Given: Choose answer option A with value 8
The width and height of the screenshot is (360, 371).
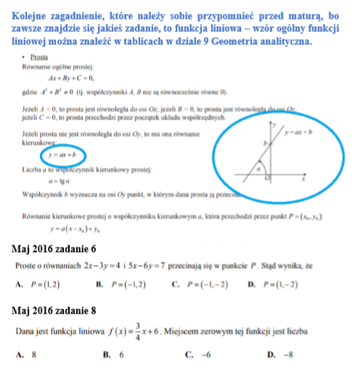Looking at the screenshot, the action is tap(28, 355).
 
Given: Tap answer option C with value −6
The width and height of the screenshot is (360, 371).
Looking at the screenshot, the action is tap(198, 355).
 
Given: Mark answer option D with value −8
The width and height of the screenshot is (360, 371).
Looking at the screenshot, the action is tap(279, 355).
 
